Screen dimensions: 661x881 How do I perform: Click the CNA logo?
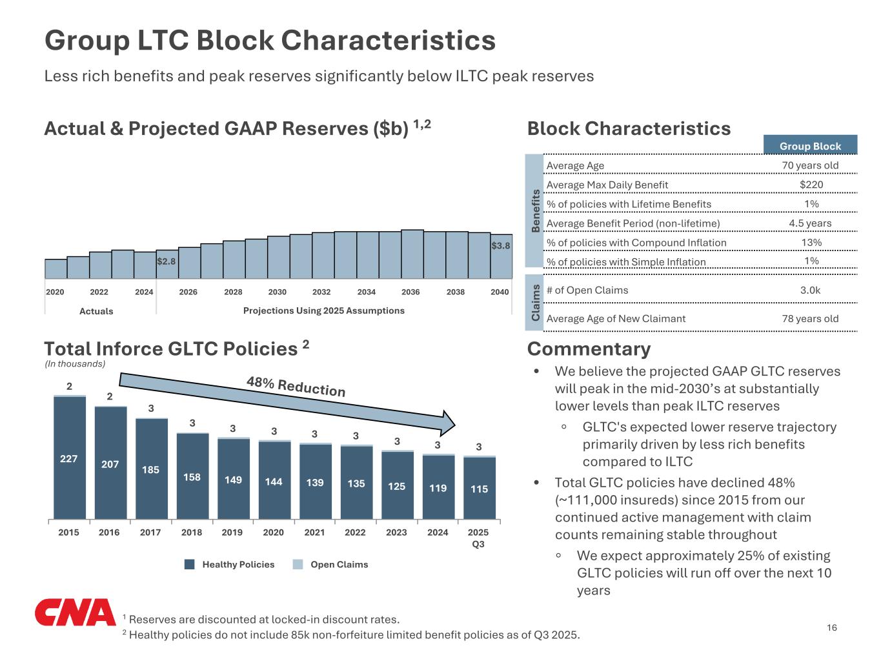(74, 612)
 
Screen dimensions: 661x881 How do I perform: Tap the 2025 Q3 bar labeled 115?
(479, 488)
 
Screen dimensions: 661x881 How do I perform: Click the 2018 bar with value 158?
(192, 476)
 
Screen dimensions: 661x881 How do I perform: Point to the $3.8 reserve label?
(501, 246)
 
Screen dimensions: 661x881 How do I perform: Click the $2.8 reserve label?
(166, 261)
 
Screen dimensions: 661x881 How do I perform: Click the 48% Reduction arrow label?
(296, 387)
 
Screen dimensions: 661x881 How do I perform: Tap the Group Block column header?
(810, 146)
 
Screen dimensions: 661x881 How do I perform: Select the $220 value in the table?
(811, 185)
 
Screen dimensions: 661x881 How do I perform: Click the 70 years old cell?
(810, 165)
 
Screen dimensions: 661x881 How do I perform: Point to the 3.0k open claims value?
(810, 290)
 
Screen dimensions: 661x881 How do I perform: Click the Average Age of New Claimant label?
(616, 318)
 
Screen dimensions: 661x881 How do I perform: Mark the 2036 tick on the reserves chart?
(410, 292)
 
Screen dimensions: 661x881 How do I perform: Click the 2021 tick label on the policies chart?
(314, 533)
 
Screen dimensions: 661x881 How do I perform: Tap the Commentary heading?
(589, 349)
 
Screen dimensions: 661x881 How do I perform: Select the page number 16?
(831, 628)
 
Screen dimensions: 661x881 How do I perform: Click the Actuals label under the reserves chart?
(96, 311)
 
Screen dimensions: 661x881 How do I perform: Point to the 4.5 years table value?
(810, 223)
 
